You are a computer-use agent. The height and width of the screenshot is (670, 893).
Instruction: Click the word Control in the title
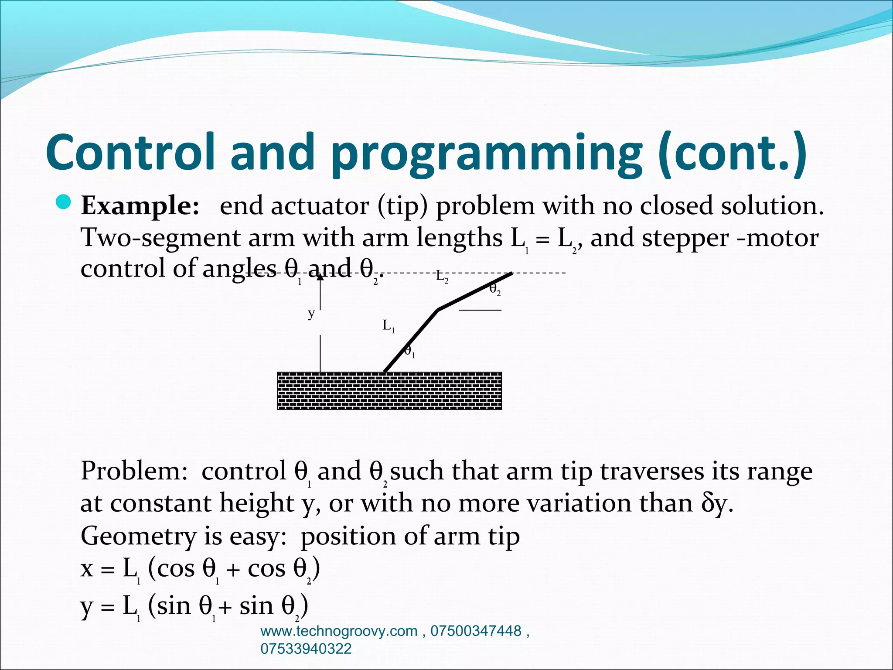tap(131, 151)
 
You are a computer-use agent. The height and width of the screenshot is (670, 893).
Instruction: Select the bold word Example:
tap(140, 206)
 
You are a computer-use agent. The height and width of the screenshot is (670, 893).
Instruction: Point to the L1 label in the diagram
tap(388, 325)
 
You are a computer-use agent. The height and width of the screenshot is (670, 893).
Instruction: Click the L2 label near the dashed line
tap(442, 277)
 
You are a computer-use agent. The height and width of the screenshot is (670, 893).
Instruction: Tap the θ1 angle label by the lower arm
tap(409, 351)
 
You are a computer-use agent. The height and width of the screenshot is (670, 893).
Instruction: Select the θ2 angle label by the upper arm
tap(494, 289)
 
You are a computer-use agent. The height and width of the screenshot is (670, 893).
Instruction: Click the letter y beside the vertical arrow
tap(311, 313)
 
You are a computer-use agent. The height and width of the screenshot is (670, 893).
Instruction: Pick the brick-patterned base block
tap(389, 391)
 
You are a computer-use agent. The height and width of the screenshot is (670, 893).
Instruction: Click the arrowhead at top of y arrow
tap(320, 276)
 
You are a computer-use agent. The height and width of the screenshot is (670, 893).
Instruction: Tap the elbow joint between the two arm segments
tap(438, 310)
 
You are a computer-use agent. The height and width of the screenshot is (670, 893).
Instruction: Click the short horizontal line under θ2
tap(480, 310)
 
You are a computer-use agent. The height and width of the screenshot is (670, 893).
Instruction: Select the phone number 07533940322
tap(306, 649)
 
